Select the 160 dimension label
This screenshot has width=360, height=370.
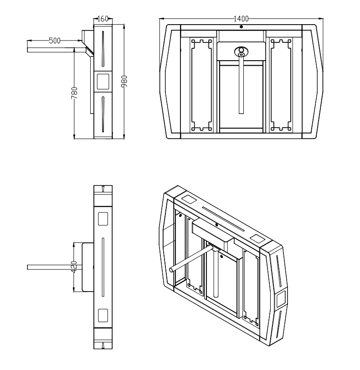[x=103, y=19]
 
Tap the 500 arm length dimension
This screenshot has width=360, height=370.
[x=55, y=41]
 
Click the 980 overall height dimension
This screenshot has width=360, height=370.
[x=124, y=81]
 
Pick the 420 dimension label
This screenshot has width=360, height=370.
[x=74, y=267]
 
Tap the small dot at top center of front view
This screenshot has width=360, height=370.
[x=241, y=27]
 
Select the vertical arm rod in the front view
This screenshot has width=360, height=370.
[x=241, y=87]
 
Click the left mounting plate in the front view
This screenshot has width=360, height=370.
[x=201, y=85]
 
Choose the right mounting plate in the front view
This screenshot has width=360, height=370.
[x=281, y=85]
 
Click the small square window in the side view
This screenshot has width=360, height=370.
[x=103, y=81]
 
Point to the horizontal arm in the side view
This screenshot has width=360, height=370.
[x=55, y=47]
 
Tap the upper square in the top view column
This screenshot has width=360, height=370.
[x=103, y=219]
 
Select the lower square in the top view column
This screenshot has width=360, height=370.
[x=103, y=315]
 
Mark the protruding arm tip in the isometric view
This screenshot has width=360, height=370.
[x=171, y=270]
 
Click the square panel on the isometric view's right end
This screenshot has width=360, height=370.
[x=280, y=299]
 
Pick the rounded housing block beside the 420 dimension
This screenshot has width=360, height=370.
[x=87, y=267]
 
